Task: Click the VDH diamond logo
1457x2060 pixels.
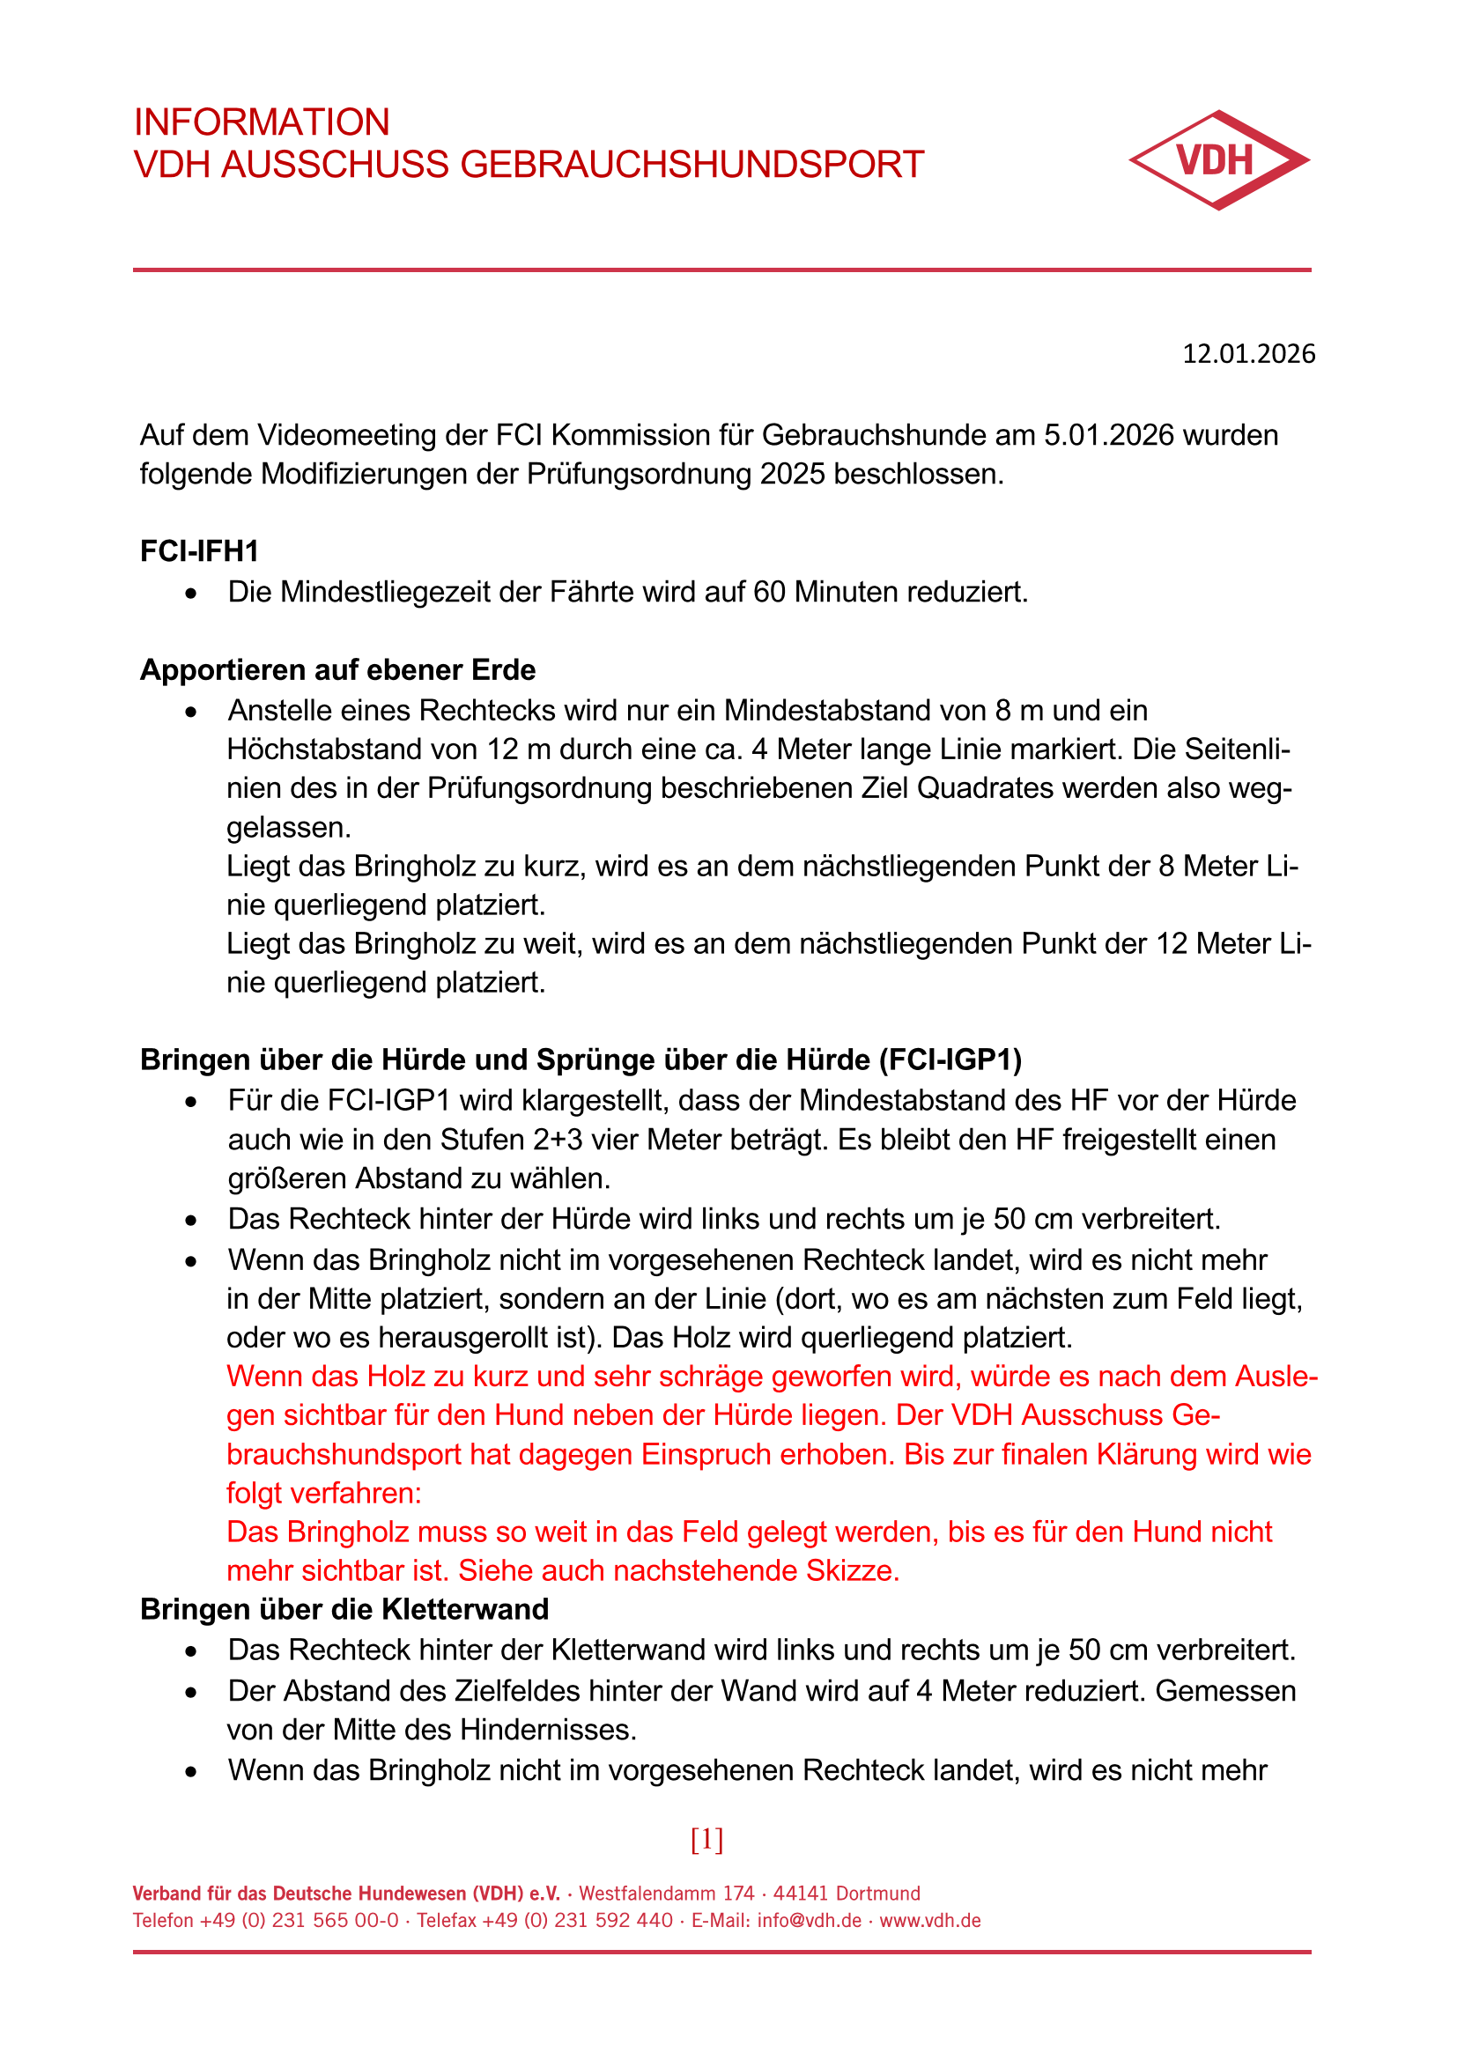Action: [1218, 160]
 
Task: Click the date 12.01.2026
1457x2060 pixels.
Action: [1248, 353]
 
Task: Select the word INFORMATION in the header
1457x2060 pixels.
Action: [262, 122]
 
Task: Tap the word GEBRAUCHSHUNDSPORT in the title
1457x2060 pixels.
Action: [692, 165]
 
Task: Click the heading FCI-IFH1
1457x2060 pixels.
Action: [199, 550]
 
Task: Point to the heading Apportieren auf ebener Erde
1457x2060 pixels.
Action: [337, 669]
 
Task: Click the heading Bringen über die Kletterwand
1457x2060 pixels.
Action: [344, 1609]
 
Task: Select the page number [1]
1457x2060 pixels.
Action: [707, 1839]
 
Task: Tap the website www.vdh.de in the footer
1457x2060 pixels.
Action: [930, 1920]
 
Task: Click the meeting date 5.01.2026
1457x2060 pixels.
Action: [1109, 435]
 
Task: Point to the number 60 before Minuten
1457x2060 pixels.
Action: [770, 592]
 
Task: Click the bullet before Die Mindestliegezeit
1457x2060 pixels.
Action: [190, 593]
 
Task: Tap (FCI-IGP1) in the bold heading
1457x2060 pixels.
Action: [950, 1060]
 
